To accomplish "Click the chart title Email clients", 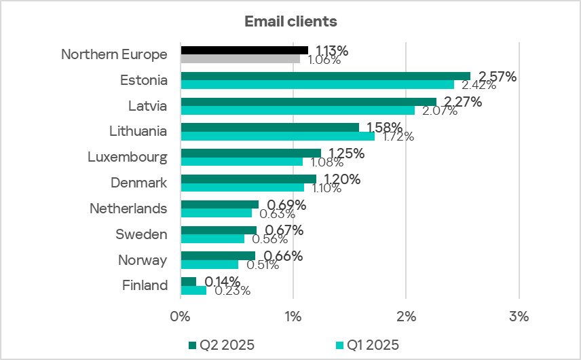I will coord(290,21).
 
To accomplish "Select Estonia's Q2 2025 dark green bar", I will coord(325,76).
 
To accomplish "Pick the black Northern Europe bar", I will coord(244,50).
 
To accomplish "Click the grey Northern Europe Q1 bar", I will coord(240,59).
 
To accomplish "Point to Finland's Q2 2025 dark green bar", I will coord(188,281).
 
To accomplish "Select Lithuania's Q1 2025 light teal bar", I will coord(278,136).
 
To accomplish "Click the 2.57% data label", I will coord(498,76).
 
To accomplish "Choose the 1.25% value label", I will coord(346,154).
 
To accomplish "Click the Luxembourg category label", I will coord(128,157).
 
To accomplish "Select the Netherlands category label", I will coord(128,209).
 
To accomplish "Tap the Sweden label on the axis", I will coord(142,234).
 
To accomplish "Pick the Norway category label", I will coord(143,260).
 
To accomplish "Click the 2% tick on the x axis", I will coord(405,316).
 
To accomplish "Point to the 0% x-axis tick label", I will coord(180,316).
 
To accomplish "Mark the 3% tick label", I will coord(519,316).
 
